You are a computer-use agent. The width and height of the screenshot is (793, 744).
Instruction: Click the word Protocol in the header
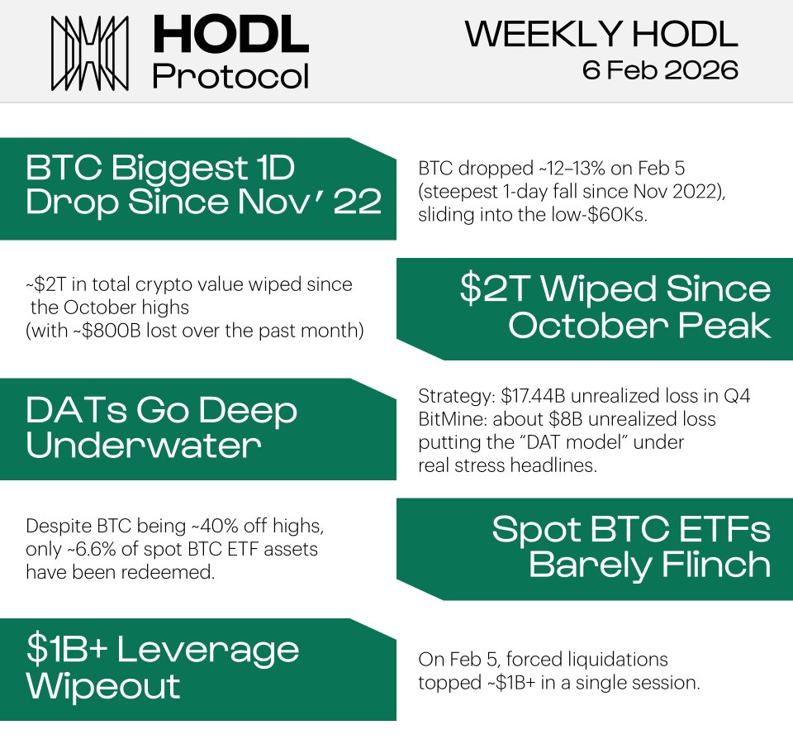coord(230,76)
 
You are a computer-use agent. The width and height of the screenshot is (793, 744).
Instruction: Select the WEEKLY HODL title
coord(601,34)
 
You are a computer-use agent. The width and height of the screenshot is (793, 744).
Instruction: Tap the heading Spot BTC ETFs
coord(631,529)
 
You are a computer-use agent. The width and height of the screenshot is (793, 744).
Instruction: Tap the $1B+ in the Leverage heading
coord(65,650)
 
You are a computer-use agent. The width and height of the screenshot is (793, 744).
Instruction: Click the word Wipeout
coord(103,686)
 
